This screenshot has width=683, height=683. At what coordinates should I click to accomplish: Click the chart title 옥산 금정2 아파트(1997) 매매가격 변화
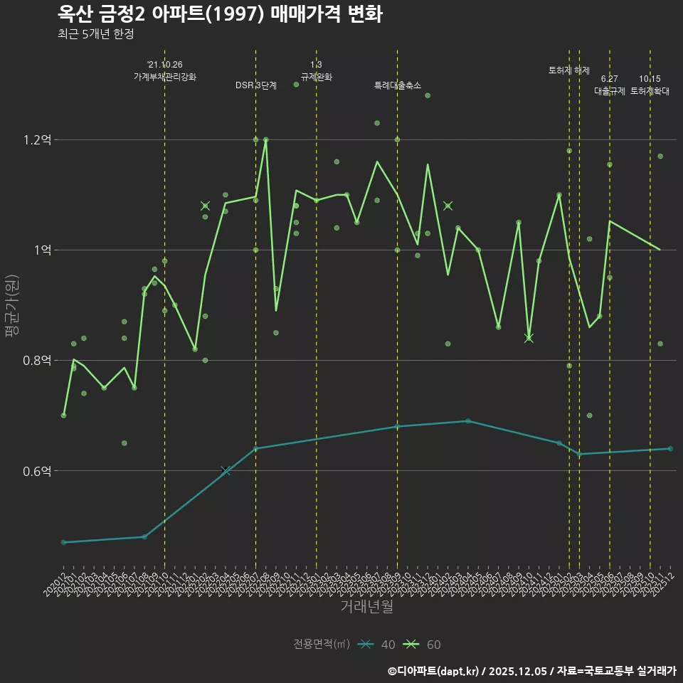[220, 14]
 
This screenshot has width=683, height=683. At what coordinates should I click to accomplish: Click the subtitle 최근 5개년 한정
[95, 34]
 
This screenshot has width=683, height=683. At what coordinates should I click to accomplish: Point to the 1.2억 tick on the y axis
[37, 140]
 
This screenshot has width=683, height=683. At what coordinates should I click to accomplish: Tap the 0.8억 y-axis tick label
[37, 361]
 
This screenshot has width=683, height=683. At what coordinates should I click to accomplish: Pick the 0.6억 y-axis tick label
[37, 471]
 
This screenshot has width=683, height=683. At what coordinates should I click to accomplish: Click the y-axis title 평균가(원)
[11, 305]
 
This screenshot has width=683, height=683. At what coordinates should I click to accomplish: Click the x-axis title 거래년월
[366, 606]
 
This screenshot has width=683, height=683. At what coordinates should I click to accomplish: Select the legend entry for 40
[377, 645]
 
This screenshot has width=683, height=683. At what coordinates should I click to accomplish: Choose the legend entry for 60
[423, 645]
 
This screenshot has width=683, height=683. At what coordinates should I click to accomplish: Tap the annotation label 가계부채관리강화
[165, 77]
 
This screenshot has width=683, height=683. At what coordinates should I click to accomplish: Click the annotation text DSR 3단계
[256, 85]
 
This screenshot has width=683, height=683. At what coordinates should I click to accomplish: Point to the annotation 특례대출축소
[398, 85]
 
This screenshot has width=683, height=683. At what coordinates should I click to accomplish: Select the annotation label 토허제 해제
[569, 70]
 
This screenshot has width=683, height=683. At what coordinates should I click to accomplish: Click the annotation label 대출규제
[610, 91]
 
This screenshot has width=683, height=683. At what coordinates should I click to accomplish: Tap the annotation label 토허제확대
[650, 91]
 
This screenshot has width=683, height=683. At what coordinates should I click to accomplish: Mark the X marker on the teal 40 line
[226, 471]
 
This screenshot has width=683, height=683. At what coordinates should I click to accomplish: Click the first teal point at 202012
[63, 542]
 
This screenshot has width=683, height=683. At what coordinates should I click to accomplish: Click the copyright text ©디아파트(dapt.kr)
[433, 670]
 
